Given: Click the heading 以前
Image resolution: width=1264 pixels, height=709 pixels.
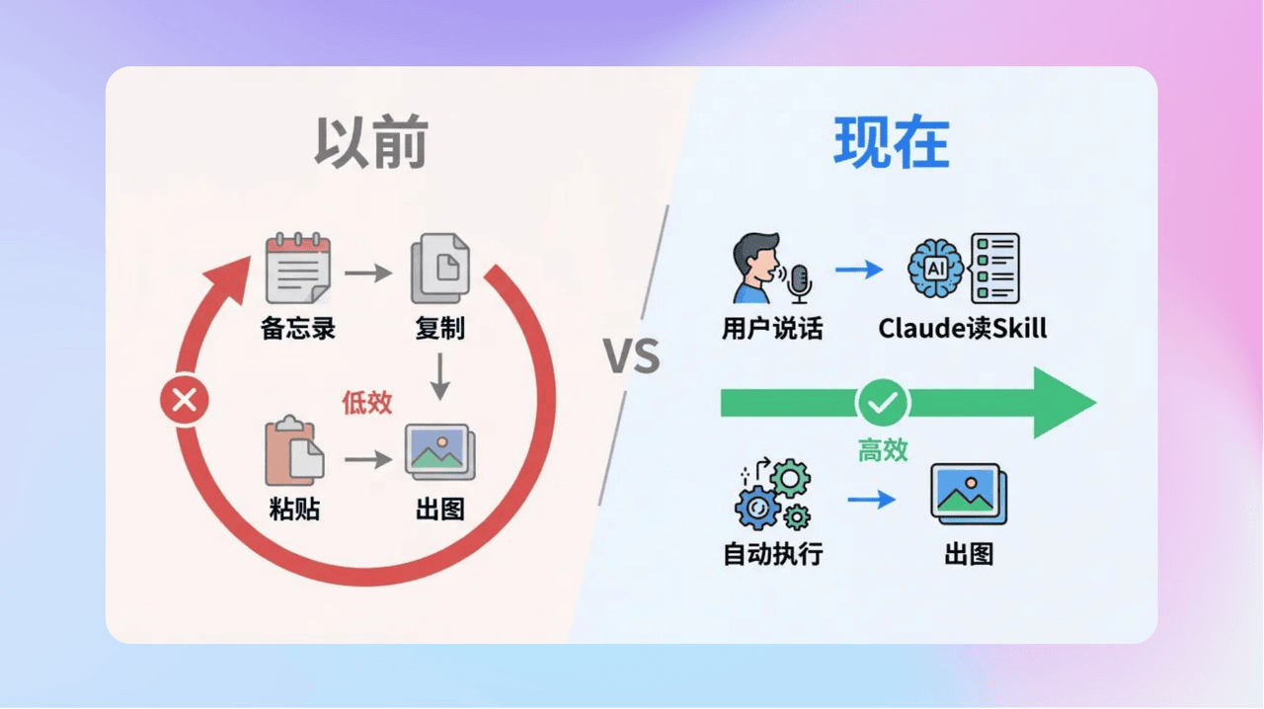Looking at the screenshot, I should [371, 143].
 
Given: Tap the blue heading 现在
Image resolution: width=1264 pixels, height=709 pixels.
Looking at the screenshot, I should [891, 143].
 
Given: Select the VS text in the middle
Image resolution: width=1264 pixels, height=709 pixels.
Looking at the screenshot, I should [633, 356].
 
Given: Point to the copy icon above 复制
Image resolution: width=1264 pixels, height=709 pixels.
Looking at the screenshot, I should [440, 268].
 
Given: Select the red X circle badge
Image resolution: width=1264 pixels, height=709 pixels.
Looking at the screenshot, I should [184, 401].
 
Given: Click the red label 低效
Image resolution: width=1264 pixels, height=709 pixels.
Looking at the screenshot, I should [367, 402].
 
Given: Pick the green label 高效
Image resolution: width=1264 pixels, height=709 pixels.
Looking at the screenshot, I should [882, 450].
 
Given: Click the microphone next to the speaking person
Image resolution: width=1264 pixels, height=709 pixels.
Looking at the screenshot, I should [799, 282].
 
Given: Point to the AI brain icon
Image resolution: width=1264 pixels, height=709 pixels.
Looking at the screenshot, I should [935, 268].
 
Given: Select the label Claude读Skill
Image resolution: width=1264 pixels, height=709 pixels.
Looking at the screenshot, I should [963, 328].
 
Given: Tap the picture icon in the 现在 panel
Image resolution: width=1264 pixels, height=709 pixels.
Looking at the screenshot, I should [969, 494].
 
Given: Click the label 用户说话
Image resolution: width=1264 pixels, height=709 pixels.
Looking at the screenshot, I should [772, 328].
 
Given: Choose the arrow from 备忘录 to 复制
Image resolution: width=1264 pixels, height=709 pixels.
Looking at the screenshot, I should [368, 272].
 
